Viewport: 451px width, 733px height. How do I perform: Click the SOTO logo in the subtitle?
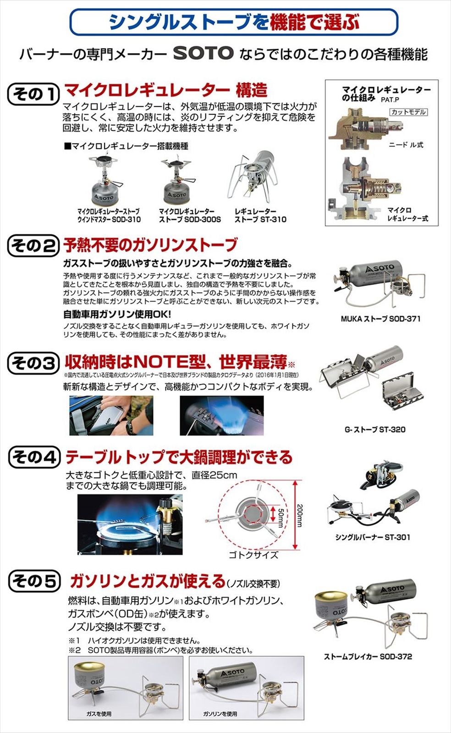click(203, 53)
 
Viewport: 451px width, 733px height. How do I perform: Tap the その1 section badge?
click(33, 94)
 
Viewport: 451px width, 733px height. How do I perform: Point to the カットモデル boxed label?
click(408, 112)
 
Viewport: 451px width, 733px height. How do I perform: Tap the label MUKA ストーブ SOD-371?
click(380, 318)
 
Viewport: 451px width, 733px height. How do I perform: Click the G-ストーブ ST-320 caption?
click(375, 429)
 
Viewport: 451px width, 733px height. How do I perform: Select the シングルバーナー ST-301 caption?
click(372, 537)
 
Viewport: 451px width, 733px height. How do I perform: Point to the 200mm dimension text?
click(299, 515)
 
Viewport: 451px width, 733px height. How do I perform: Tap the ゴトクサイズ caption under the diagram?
click(253, 555)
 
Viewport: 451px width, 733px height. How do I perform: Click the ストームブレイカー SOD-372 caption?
click(368, 656)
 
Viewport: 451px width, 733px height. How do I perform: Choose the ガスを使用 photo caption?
click(99, 714)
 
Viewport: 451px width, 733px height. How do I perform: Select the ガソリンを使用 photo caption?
click(220, 714)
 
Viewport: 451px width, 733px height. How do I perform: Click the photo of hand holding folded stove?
click(111, 415)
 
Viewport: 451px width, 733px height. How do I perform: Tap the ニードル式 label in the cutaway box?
click(406, 145)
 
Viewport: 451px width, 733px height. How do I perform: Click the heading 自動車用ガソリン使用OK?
click(117, 314)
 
